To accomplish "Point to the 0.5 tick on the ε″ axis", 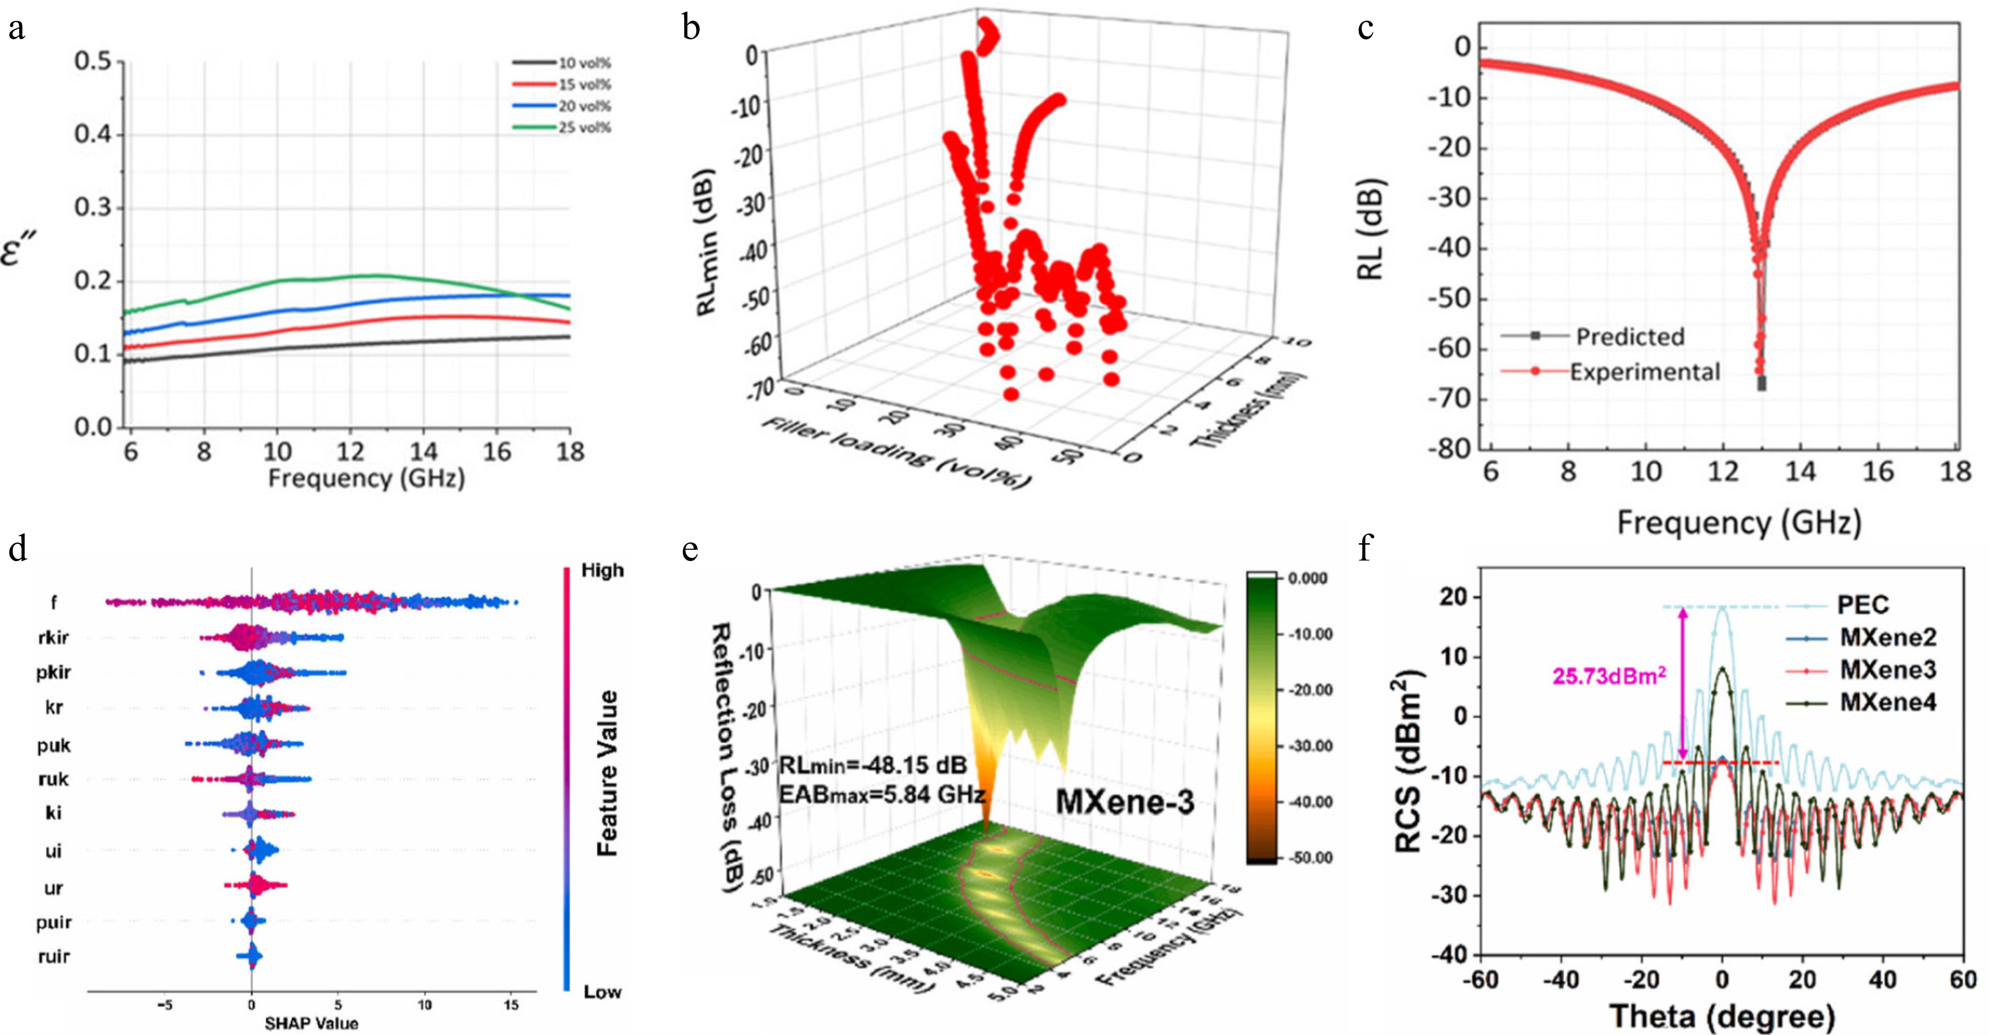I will (x=93, y=60).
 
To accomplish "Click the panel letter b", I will (x=691, y=29).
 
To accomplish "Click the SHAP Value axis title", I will (x=311, y=1023).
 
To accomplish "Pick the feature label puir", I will (x=53, y=922).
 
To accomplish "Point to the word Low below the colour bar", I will (x=602, y=992).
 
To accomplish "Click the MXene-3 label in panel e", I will (x=1125, y=802).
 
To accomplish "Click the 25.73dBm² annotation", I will (x=1609, y=677).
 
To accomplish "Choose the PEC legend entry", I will (x=1863, y=605).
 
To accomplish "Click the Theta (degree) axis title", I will (x=1722, y=1016).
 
